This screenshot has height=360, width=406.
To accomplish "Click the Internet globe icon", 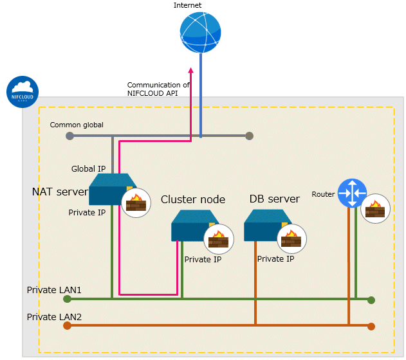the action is (200, 32).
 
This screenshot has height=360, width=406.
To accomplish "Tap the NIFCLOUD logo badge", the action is (23, 92).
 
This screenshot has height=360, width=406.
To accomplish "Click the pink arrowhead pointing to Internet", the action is (191, 70).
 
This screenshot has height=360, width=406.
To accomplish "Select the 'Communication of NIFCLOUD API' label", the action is (158, 89).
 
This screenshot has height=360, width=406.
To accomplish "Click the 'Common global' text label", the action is (77, 125).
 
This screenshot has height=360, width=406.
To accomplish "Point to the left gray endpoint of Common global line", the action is (69, 136).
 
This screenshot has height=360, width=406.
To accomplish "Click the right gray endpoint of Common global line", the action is (249, 136).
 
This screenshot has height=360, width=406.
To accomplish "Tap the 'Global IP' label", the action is (89, 169).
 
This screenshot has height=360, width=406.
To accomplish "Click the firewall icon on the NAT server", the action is (136, 203).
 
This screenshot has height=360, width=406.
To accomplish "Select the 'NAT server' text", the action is (60, 192).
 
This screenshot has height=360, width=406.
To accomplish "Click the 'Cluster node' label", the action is (193, 199).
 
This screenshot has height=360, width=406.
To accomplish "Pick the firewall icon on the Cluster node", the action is (219, 239).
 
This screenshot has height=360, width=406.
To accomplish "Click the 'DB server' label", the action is (275, 199).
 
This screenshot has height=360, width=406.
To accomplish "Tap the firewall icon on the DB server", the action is (292, 239).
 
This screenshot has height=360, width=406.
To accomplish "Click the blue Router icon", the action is (352, 193).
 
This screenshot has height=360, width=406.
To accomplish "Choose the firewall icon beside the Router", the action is (376, 208).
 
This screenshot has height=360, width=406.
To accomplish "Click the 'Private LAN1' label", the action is (54, 290).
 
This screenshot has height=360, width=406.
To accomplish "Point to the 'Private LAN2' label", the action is (54, 317).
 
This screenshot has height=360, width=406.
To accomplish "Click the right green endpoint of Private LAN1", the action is (371, 300).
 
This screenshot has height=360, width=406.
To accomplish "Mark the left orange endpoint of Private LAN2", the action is (68, 325).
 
